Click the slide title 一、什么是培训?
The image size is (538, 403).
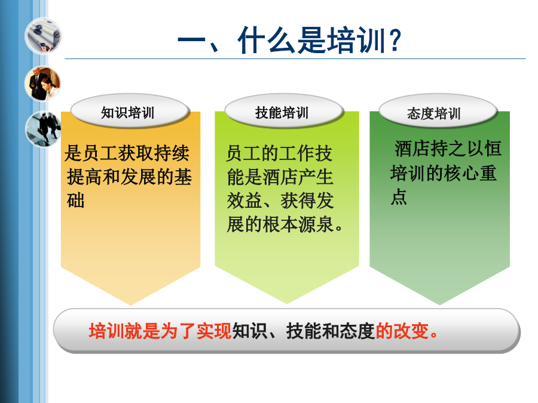[289, 41]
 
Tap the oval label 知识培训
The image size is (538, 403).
[129, 110]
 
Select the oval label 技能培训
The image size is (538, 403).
[283, 110]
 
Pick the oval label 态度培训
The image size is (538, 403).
[438, 110]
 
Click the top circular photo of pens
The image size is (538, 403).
[43, 36]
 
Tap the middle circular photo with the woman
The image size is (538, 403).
[43, 84]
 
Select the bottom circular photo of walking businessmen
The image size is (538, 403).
[44, 129]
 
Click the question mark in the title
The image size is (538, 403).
[396, 41]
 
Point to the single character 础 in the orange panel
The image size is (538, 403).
[75, 201]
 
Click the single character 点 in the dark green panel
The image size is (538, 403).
[399, 196]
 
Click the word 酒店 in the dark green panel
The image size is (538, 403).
[412, 149]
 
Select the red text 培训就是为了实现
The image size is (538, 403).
[160, 331]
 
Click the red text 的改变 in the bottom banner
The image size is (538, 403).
[402, 331]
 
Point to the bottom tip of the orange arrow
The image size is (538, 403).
[130, 305]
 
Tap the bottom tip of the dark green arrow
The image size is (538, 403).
[439, 304]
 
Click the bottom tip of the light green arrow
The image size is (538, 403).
[287, 304]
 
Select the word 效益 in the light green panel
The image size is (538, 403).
[244, 201]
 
